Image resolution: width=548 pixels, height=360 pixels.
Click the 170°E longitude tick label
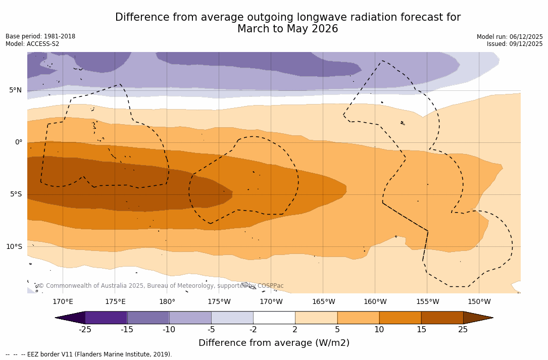coord(63,302)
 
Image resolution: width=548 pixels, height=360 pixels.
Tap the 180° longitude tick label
coord(167,302)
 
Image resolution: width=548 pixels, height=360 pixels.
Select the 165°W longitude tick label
coord(323,302)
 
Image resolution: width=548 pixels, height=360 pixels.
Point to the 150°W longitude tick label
coord(479,302)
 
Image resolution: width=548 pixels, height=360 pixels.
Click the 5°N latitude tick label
coord(15,90)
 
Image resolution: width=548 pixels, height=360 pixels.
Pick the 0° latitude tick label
coord(18,142)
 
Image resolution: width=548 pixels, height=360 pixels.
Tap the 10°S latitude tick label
coord(14,247)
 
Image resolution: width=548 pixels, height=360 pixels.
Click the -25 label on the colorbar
coord(85,330)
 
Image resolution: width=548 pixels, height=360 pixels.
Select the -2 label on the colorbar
coord(253,330)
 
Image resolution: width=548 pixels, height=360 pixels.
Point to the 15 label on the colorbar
coord(421,330)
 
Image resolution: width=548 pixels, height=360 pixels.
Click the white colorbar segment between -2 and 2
coord(274,318)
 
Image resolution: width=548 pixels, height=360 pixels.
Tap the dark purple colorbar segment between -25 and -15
coord(106,318)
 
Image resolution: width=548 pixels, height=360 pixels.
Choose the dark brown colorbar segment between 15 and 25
coord(442,318)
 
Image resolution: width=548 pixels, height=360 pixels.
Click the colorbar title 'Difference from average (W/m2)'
coord(274,343)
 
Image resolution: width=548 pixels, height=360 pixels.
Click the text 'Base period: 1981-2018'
coord(40,36)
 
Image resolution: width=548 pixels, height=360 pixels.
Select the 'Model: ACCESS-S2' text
coord(32,44)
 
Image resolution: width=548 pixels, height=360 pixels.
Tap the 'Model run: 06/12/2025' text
coord(510,37)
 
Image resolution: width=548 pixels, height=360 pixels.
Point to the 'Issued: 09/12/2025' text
coord(515,44)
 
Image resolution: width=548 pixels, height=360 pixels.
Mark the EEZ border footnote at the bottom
coord(89,354)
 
